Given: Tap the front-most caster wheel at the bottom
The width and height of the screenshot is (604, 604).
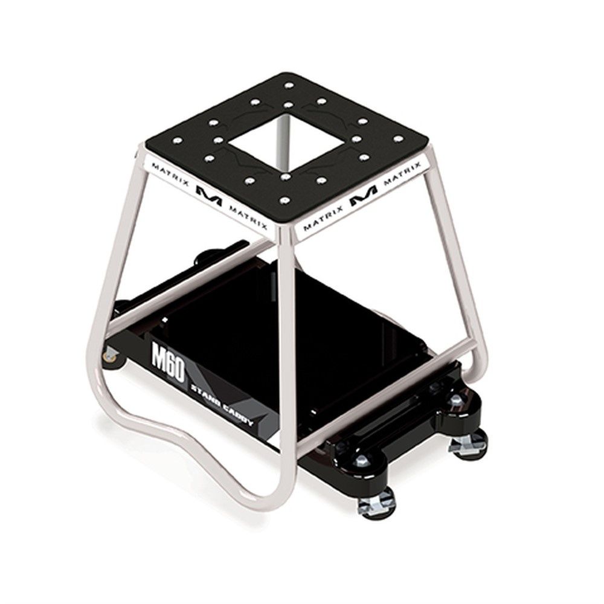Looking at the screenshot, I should click(x=375, y=503).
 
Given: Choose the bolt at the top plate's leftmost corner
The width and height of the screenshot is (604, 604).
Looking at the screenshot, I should click(x=178, y=141).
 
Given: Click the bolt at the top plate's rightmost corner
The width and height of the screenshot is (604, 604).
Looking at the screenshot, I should click(x=398, y=139).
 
